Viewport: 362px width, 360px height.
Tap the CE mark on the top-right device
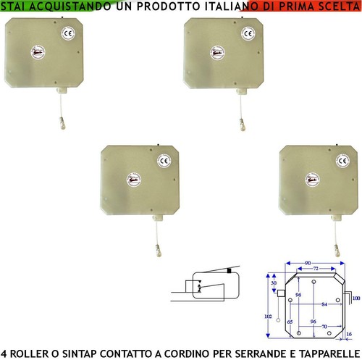(247, 33)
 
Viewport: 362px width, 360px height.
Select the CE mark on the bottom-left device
(163, 161)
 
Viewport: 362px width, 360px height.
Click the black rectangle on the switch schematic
(229, 272)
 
